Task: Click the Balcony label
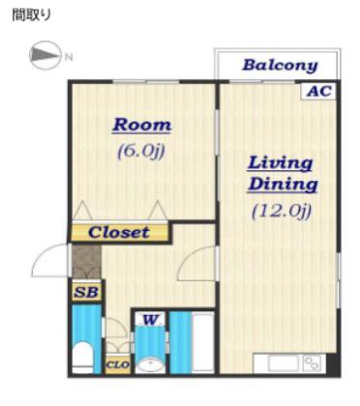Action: point(280,66)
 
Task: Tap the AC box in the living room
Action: point(318,91)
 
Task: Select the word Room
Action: point(142,125)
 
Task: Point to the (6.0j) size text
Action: point(141,151)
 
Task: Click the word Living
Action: point(280,163)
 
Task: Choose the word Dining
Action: point(283,185)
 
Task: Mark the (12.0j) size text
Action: point(282,212)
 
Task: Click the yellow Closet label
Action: point(119,232)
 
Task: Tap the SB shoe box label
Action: point(86,292)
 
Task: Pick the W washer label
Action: point(151,320)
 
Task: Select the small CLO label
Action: point(118,364)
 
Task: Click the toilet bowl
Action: point(82,357)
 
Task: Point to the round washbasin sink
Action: point(150,365)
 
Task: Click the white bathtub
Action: point(203,342)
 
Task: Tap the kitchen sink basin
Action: point(283,363)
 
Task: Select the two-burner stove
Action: point(314,363)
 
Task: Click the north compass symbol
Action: point(45,55)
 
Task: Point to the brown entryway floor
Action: point(86,261)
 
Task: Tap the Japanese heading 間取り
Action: point(32,14)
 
